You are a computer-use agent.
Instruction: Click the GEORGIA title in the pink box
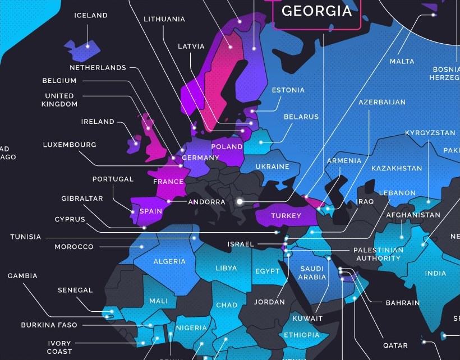pos(317,11)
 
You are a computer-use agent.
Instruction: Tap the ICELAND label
pos(91,16)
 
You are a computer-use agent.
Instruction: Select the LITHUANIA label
pos(164,19)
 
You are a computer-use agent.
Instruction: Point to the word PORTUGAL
pos(113,179)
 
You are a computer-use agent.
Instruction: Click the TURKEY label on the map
pos(286,216)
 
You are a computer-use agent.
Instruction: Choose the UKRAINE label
pos(272,167)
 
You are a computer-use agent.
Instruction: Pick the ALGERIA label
pos(169,261)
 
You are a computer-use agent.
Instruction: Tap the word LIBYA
pos(226,269)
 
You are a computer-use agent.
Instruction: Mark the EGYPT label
pos(268,271)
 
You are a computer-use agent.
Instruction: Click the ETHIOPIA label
pos(302,335)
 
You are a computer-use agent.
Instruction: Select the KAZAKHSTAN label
pos(397,168)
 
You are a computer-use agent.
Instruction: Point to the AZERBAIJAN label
pos(382,103)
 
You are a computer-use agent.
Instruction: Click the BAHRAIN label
pos(403,303)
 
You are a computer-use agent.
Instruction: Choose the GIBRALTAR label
pos(82,199)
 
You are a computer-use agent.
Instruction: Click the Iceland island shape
pos(82,48)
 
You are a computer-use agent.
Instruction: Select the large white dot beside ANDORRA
pos(240,201)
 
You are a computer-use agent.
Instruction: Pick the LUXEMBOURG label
pos(70,145)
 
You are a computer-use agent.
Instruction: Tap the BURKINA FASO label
pos(49,325)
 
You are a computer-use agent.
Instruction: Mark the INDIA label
pos(436,274)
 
